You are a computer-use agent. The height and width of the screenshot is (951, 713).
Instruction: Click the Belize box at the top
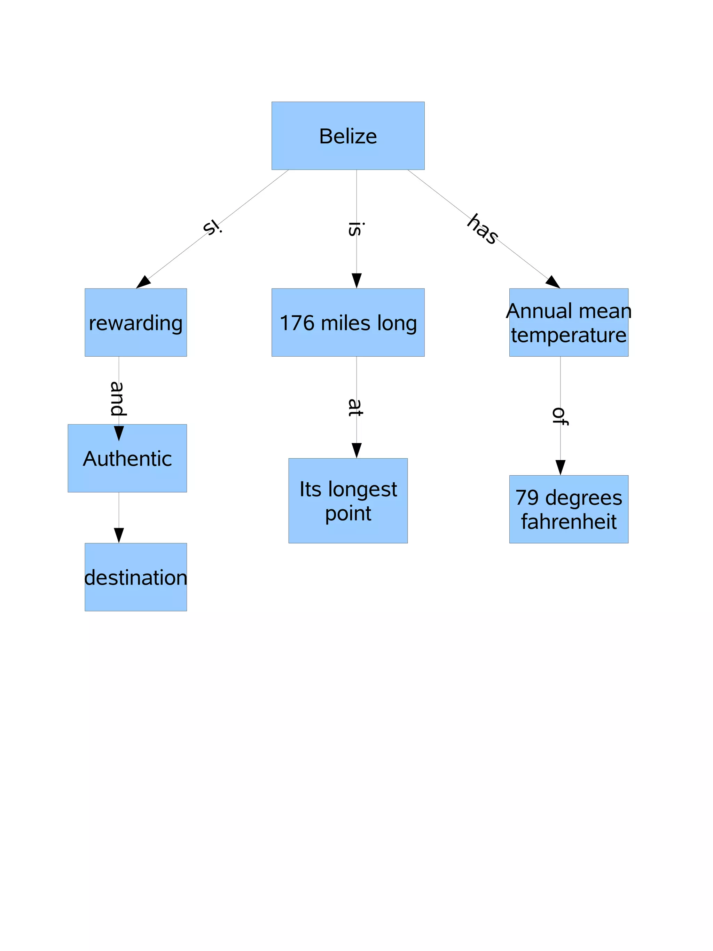[347, 136]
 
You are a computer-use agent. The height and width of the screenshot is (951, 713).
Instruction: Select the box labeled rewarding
[135, 323]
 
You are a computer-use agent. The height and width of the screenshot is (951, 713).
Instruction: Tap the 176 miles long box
[347, 323]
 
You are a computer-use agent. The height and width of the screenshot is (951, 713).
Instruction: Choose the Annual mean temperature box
[568, 323]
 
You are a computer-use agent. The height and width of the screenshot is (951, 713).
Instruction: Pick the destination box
[135, 577]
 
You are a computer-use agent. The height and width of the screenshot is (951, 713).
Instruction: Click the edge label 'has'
[483, 229]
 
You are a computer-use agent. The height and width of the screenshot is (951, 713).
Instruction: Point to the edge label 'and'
[117, 398]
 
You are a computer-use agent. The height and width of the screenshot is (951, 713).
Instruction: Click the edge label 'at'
[355, 407]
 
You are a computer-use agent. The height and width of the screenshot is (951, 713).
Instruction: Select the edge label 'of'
[559, 416]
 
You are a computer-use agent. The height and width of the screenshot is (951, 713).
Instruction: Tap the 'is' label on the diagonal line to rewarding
[212, 227]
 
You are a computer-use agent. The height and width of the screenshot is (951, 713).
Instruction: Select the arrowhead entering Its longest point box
[356, 450]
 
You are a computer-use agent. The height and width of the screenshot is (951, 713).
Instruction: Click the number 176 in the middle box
[297, 323]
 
